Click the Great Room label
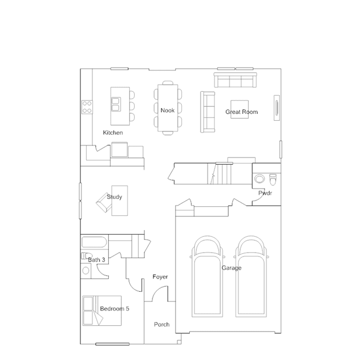point(241,112)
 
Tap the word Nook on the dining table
point(167,110)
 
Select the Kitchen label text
point(113,133)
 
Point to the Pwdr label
point(265,193)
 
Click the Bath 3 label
point(96,260)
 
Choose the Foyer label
point(160,277)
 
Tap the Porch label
point(161,325)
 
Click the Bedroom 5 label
point(114,309)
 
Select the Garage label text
point(232,268)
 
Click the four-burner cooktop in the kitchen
point(87,107)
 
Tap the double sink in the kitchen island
point(116,104)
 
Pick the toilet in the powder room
point(273,180)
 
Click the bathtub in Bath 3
point(94,242)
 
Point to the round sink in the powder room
point(259,178)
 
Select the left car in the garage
point(207,276)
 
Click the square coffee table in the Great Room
point(240,109)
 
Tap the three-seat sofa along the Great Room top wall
point(235,80)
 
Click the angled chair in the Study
point(104,203)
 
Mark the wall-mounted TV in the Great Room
point(276,108)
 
